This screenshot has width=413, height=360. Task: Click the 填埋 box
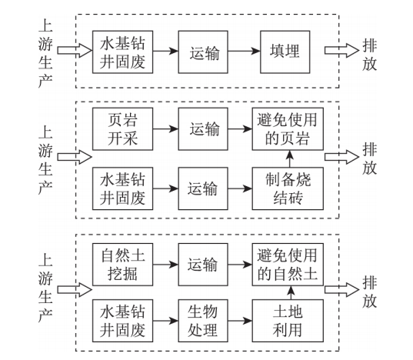coord(285,52)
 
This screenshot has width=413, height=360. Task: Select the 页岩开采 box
coord(122,128)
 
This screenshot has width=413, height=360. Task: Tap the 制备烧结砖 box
coord(288,188)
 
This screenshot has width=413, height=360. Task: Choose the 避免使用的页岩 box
coord(288,128)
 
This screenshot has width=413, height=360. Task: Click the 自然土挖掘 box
coord(122,265)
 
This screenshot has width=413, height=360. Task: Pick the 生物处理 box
coord(203,321)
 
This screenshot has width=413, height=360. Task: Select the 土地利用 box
coord(288,321)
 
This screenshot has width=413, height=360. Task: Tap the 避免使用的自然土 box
coord(288,265)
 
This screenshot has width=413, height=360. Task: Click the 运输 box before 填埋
coord(203,52)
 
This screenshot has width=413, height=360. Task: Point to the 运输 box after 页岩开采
coord(203,128)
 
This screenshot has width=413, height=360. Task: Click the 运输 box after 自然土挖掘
coord(203,265)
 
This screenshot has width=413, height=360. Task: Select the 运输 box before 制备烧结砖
coord(203,188)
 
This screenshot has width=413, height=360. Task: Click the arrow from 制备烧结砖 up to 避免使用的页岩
coord(290,158)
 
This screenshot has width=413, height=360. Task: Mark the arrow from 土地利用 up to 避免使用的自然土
coord(291,292)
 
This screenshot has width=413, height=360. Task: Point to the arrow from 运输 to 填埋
coord(244,51)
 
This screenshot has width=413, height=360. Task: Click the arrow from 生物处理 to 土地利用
coord(240,321)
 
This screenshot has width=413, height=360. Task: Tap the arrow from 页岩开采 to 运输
coord(165,128)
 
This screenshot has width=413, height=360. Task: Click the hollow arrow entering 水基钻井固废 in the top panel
coord(75,50)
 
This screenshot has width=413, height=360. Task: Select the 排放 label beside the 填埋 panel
coord(369,55)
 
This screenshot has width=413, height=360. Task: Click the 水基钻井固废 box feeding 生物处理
coord(122,321)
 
